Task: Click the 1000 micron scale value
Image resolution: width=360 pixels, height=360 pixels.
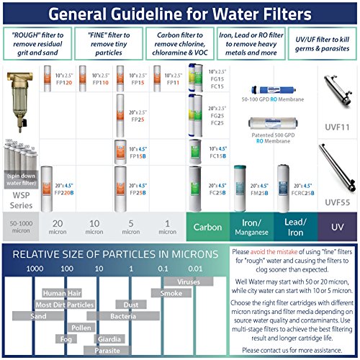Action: [35, 268]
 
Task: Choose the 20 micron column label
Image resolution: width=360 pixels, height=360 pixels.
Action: [59, 227]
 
